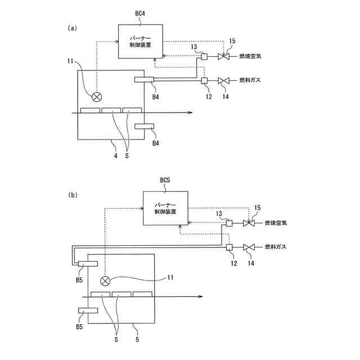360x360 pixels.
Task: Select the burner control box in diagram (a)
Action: (x=140, y=41)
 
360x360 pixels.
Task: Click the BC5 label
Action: (x=165, y=181)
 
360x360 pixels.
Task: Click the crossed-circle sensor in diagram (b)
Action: (x=104, y=281)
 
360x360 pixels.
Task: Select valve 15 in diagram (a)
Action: (x=223, y=57)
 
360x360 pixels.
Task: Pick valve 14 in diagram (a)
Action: (x=223, y=81)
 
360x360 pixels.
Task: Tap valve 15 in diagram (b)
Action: (x=248, y=223)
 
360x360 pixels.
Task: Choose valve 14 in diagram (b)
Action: (x=248, y=247)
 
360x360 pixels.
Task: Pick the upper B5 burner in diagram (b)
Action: (x=88, y=263)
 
